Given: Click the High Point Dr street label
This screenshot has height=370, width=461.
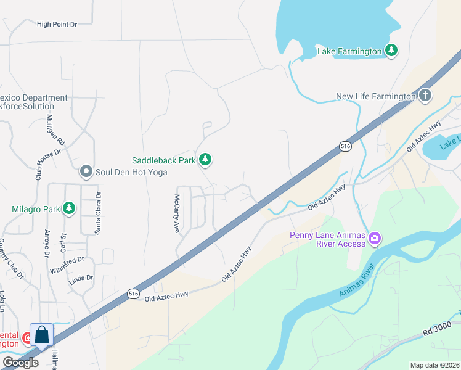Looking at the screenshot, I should (57, 24).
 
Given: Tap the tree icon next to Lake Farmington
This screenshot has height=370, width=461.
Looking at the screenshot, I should (391, 50).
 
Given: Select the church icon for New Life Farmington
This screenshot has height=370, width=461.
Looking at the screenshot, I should (425, 96).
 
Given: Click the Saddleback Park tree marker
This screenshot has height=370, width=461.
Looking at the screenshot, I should (205, 160).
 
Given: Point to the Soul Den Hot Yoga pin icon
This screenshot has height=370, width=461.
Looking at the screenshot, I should (86, 171).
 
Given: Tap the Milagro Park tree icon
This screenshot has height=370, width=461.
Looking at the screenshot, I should (69, 208).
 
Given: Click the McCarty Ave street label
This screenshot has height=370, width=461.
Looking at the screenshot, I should (176, 213).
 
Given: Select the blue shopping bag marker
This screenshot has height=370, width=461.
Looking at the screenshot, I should (42, 335).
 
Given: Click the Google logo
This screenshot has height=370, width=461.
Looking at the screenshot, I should (20, 363).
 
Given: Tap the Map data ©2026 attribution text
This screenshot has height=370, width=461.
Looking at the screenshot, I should (434, 365).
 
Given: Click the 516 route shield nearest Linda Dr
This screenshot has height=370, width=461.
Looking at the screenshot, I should (134, 294).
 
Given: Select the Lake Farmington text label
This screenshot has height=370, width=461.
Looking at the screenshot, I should (349, 51).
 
